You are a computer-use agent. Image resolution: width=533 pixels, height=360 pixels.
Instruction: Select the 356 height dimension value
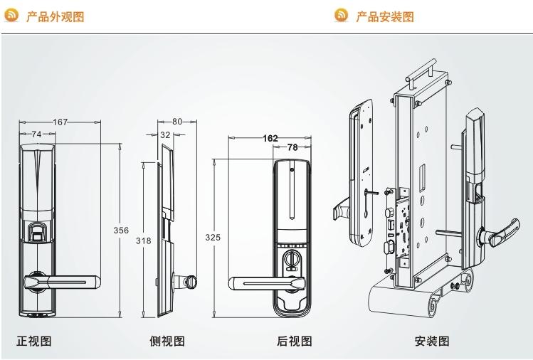click(x=122, y=230)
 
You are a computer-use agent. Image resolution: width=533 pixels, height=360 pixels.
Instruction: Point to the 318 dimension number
click(x=143, y=240)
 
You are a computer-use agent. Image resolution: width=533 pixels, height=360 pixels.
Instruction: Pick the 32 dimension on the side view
click(x=164, y=134)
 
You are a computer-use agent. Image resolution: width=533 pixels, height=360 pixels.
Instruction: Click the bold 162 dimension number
click(x=270, y=137)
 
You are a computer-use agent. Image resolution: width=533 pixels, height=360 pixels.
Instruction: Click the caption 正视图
click(x=33, y=341)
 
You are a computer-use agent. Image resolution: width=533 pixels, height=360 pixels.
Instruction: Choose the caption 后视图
click(x=294, y=341)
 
